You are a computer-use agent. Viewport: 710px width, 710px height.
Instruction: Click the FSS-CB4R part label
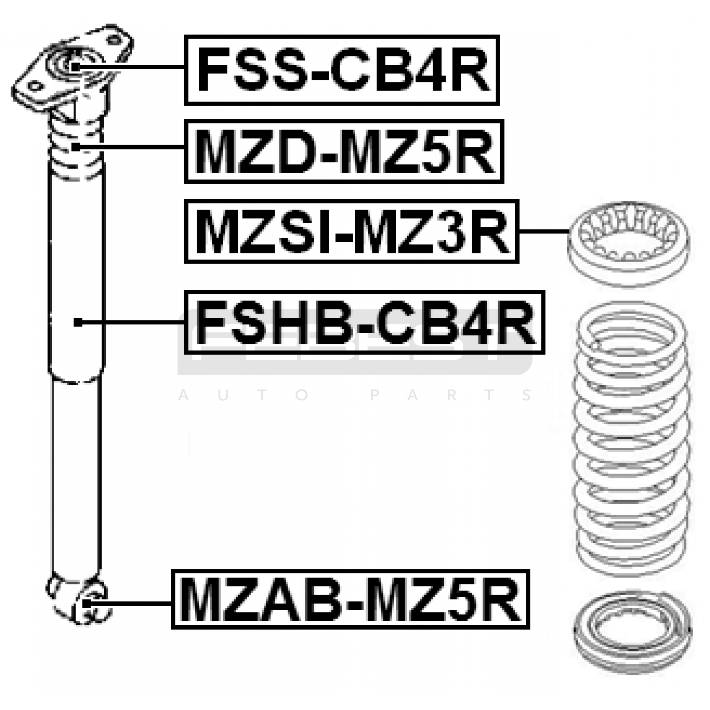[x=342, y=70]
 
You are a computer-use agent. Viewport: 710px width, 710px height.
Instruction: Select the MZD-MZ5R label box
[x=344, y=151]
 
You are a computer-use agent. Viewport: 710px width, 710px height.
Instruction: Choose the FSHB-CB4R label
[x=364, y=323]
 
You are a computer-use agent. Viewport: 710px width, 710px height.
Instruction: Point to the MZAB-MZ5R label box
[x=351, y=599]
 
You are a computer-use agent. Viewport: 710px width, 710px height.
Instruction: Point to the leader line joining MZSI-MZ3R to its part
[x=544, y=232]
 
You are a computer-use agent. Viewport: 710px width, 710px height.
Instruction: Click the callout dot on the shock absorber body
[x=78, y=323]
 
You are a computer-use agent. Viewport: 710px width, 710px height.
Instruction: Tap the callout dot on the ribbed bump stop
[x=76, y=147]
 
